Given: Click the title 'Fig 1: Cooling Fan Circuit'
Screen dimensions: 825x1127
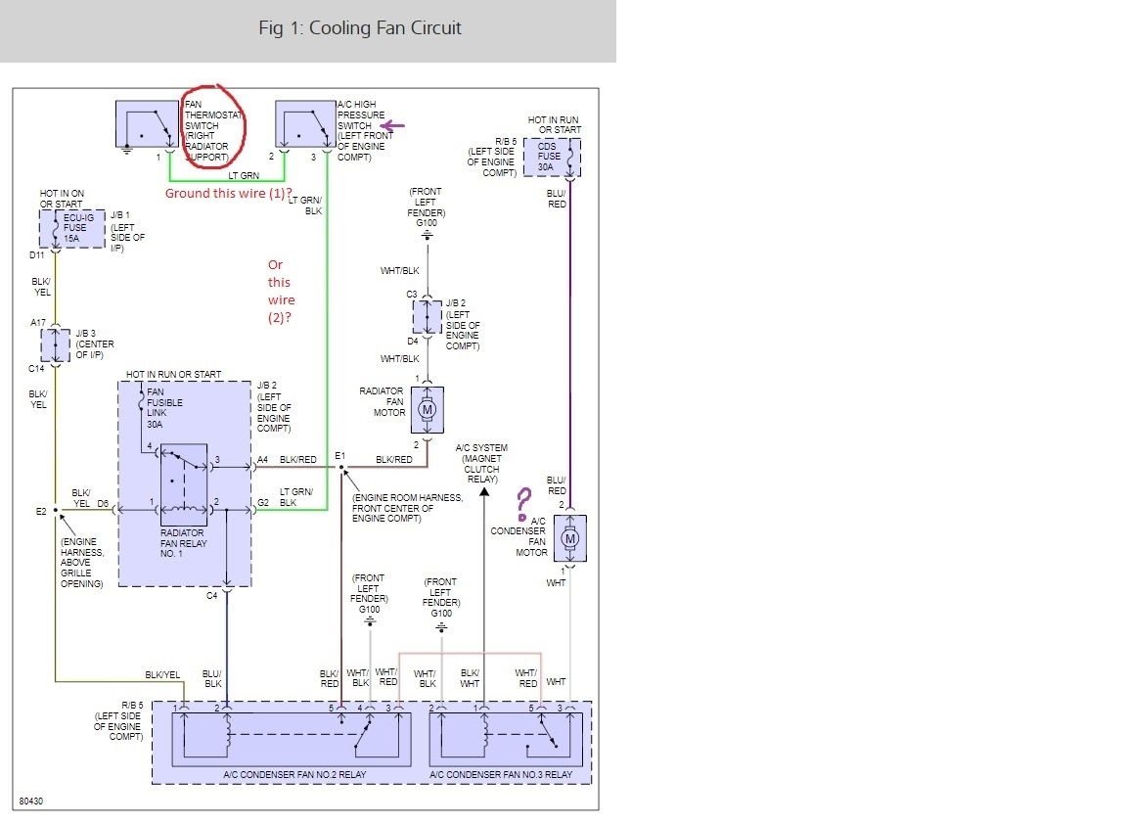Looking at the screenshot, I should pyautogui.click(x=359, y=27).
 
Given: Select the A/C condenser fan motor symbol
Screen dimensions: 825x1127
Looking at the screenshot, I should pyautogui.click(x=569, y=537).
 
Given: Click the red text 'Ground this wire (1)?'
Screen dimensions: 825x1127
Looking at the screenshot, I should pyautogui.click(x=228, y=194).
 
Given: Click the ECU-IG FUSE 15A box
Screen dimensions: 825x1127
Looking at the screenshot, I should pyautogui.click(x=70, y=228).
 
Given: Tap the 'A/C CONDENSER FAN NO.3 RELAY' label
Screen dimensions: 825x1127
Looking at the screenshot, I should pyautogui.click(x=501, y=775).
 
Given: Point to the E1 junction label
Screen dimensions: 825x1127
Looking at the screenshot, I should pyautogui.click(x=339, y=455).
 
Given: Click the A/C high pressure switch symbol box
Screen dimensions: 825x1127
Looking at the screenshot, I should pyautogui.click(x=304, y=124).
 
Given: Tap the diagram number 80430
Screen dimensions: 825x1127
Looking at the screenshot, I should pyautogui.click(x=30, y=802).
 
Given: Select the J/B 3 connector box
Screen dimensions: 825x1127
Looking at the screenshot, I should pyautogui.click(x=55, y=345).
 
